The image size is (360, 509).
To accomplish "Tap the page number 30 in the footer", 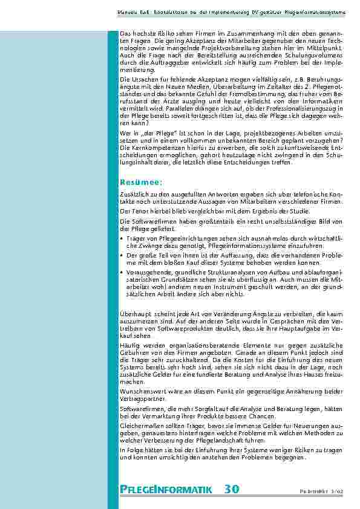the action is pyautogui.click(x=231, y=488).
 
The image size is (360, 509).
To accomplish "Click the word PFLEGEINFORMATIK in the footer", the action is pyautogui.click(x=165, y=489).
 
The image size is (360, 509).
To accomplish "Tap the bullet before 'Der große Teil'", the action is pyautogui.click(x=122, y=255).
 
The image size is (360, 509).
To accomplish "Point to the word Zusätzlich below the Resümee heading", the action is pyautogui.click(x=134, y=193).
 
